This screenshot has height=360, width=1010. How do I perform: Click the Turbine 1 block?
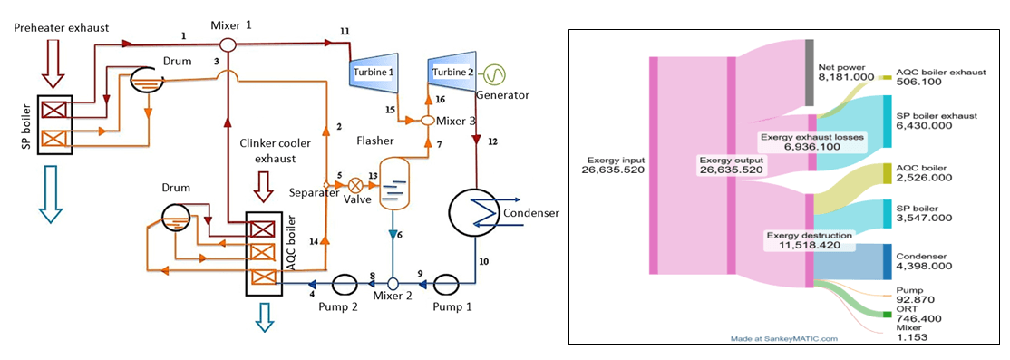pyautogui.click(x=373, y=73)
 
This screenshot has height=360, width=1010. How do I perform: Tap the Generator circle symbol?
pyautogui.click(x=495, y=73)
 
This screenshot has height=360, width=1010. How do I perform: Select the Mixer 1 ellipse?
pyautogui.click(x=227, y=44)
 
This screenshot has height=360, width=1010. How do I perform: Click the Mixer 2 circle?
pyautogui.click(x=393, y=284)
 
